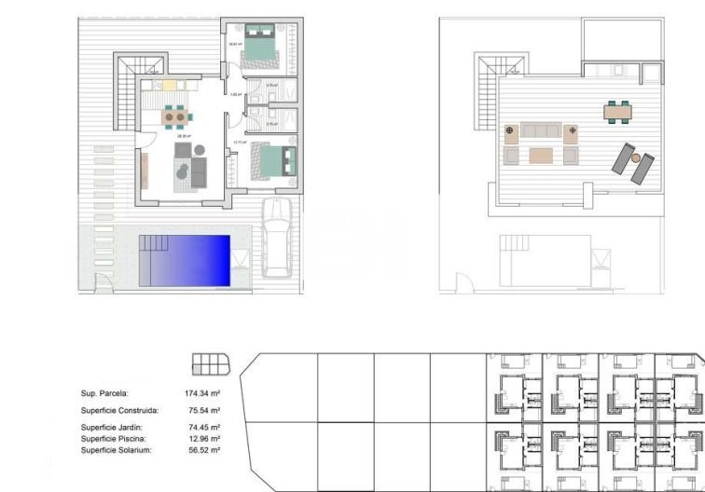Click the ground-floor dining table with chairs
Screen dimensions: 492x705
pos(174,117)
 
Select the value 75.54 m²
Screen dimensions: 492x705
pos(202,410)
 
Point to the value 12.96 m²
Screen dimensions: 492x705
pos(202,439)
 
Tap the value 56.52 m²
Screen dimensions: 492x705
pos(202,450)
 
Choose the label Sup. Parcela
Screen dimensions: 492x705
pos(104,394)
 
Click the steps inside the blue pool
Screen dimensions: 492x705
pos(153,244)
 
